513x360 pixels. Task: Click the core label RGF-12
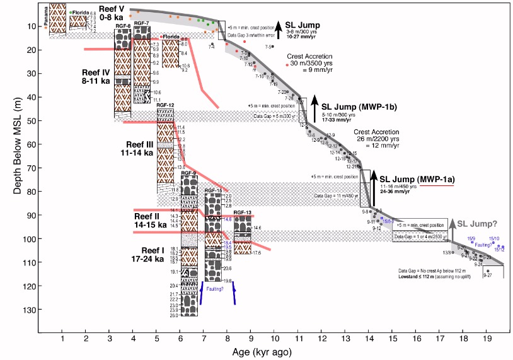165,105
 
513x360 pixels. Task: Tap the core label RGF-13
242,212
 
